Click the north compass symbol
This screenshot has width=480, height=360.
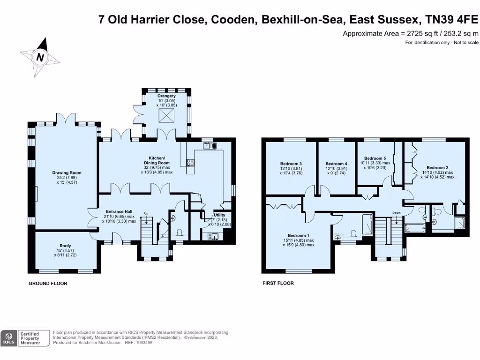click(40, 57)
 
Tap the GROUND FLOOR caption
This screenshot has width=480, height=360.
click(48, 284)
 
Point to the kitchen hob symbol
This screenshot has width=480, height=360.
click(191, 163)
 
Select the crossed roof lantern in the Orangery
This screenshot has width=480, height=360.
click(165, 117)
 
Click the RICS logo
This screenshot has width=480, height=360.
click(8, 338)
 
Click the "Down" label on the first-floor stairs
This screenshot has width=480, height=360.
click(397, 212)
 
